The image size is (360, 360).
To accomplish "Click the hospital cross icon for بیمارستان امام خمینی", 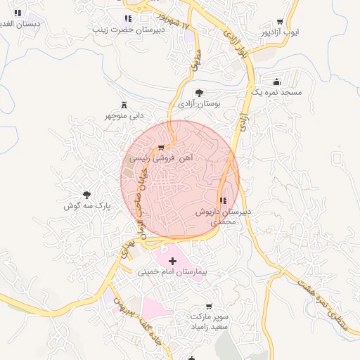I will tap(173, 261).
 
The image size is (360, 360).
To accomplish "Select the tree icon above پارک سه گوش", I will tap(87, 195).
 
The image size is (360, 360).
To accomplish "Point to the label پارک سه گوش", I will tap(88, 206).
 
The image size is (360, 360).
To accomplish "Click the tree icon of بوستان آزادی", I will tap(200, 93).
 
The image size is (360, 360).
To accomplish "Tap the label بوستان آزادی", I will tap(198, 103).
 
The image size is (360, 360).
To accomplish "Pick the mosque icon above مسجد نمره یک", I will tap(276, 82).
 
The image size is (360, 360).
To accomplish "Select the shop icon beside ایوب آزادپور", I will tap(281, 22).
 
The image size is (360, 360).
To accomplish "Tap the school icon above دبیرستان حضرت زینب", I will tap(127, 19).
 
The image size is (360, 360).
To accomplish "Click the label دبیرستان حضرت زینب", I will tap(131, 30).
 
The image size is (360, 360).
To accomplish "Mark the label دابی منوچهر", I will tap(124, 115).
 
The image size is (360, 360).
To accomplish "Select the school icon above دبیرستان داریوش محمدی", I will tap(224, 201).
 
